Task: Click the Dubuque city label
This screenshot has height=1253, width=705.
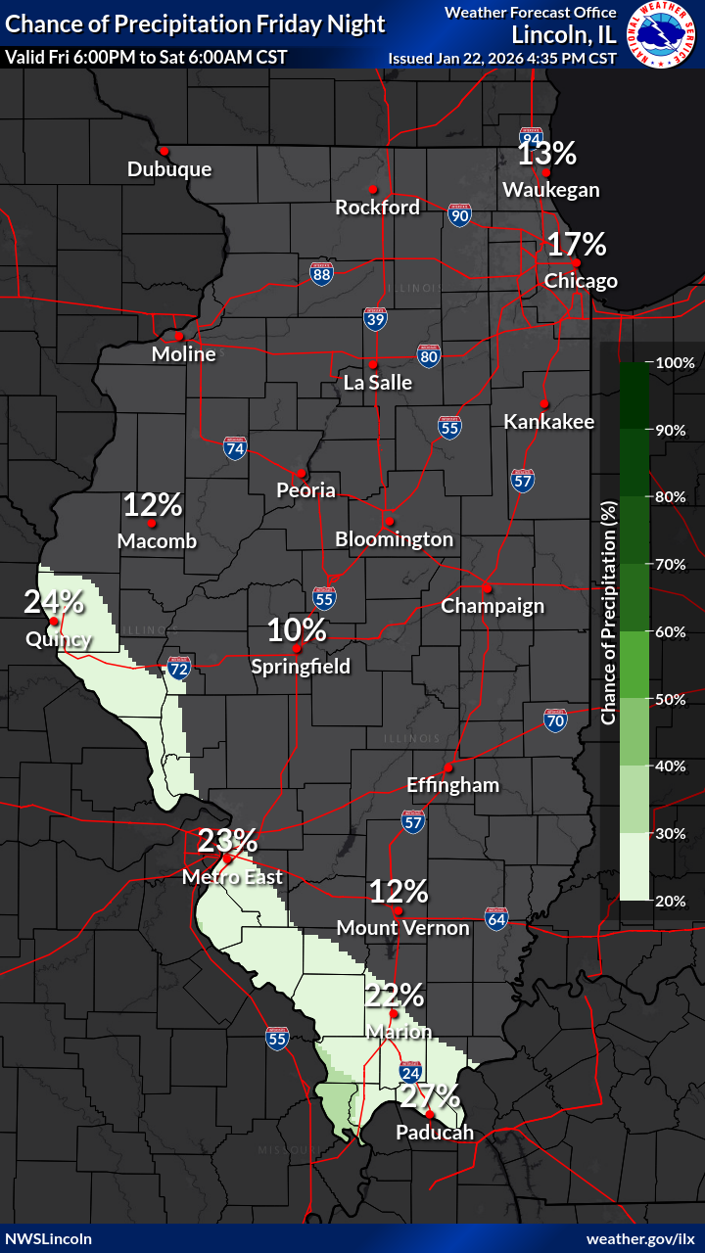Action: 169,169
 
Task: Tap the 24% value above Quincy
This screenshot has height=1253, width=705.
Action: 54,602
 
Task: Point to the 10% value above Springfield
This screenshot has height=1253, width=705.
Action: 297,629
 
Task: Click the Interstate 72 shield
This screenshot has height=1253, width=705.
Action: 178,668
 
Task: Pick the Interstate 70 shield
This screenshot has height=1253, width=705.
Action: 555,720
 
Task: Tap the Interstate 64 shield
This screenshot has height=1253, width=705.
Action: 496,919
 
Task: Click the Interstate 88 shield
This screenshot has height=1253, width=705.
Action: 321,274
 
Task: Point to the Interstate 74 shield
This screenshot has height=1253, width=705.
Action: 234,448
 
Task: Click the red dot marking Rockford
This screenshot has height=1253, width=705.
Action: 373,189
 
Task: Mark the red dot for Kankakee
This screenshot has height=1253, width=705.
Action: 543,403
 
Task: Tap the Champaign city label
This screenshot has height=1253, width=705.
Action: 493,606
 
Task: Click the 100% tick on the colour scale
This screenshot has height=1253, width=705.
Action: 675,362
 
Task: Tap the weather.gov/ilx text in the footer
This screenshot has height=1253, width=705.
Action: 640,1238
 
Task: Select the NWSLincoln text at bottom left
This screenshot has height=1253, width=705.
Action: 49,1238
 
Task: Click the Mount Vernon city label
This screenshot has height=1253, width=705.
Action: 402,927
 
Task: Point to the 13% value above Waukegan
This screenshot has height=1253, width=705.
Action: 546,154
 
